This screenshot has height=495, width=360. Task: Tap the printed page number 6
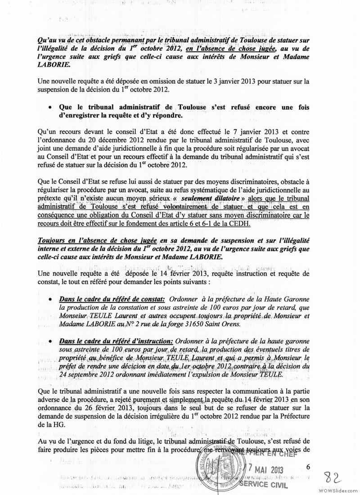(308, 467)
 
